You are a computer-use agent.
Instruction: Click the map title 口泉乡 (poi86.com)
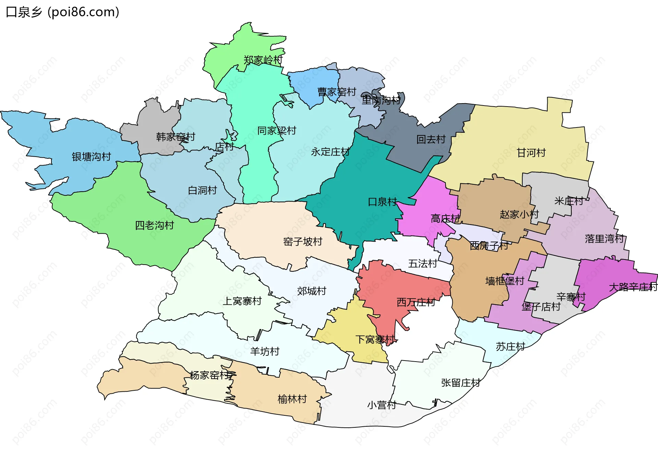coord(63,12)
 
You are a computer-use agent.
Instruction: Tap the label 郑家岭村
coord(263,60)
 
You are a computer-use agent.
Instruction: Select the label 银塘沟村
coord(92,157)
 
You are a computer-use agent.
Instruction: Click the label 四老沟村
coord(155,226)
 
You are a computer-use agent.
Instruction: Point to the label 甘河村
coord(531,153)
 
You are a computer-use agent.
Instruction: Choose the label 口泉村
coord(382,202)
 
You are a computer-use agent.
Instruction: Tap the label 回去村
coord(431,139)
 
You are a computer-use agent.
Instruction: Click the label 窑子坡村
coord(303,242)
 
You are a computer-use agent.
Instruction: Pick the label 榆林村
coord(292,399)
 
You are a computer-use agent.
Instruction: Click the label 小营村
coord(381,405)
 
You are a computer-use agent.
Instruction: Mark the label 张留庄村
coord(461,383)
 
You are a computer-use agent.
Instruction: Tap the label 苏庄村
coord(510,347)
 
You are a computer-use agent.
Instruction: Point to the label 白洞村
coord(203,191)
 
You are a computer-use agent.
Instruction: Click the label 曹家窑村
coord(337,92)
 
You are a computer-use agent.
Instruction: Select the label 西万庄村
coord(416,302)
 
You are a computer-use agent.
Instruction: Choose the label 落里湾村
coord(604,239)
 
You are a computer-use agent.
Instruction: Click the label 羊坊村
coord(265,352)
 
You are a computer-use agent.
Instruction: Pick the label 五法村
coord(422,264)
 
